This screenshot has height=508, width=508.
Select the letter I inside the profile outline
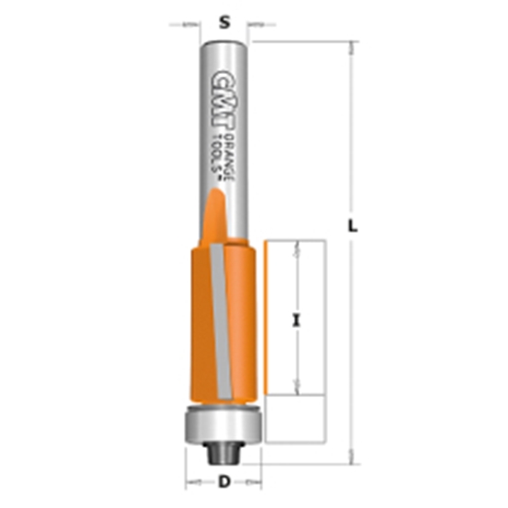point(296,321)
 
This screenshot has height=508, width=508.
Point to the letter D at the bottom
point(224,482)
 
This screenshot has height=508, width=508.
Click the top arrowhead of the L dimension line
point(351,46)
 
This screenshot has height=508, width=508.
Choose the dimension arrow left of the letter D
point(195,482)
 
